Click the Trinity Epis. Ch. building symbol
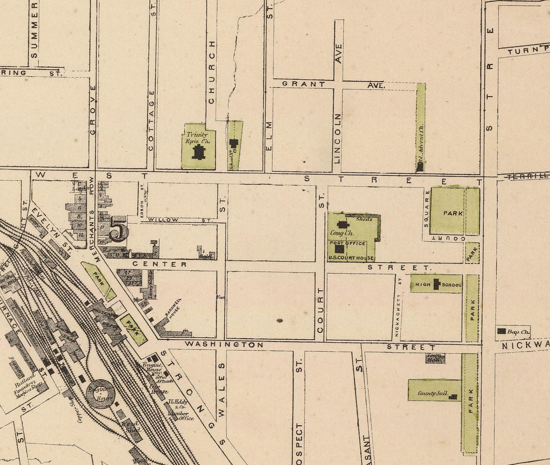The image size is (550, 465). tap(198, 152)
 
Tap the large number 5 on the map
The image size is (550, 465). tap(119, 231)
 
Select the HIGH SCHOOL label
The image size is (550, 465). tap(436, 284)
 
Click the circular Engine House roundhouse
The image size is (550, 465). tap(100, 393)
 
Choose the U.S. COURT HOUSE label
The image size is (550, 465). tap(352, 258)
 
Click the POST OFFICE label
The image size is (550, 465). tap(347, 243)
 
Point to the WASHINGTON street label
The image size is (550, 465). tap(224, 345)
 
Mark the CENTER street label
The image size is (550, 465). tap(159, 264)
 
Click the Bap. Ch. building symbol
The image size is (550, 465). tap(502, 331)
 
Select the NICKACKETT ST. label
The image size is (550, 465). tap(398, 308)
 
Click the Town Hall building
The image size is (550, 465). tap(434, 358)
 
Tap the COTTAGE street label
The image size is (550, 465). tap(151, 120)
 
